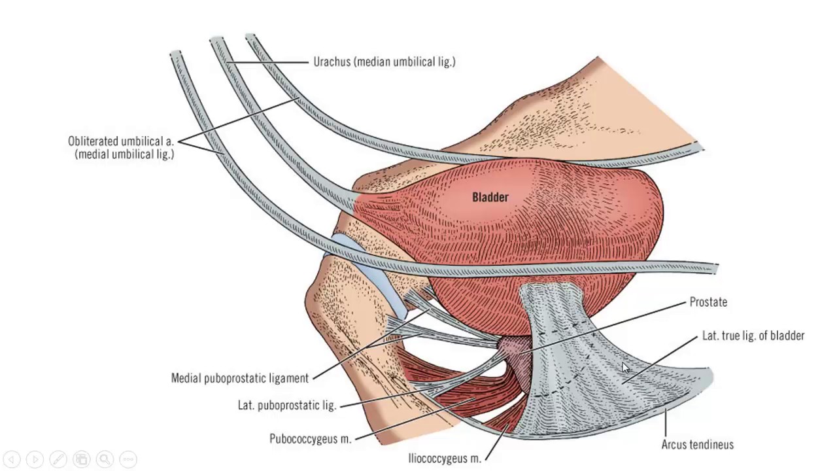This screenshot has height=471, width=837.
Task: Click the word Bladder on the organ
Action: point(490,197)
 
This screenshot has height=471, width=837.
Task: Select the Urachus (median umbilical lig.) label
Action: point(384,62)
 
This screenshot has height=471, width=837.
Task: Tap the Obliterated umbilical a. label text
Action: point(121,141)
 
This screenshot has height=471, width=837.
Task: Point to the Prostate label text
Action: point(708,302)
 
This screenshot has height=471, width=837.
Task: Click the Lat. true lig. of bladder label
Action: point(753,336)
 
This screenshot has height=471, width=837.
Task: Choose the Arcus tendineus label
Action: point(697,445)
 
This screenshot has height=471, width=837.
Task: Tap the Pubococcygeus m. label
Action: point(310,439)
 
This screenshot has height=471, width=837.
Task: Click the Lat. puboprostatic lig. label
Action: point(286,406)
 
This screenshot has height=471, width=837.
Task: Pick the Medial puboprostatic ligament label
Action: point(239,378)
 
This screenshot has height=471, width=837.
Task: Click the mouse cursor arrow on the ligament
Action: point(625,368)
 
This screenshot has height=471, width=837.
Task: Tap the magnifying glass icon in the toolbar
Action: point(104,459)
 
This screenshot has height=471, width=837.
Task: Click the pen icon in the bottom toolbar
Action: point(58,459)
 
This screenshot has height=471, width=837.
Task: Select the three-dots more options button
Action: point(128,459)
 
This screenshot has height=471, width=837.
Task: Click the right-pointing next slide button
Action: point(35,459)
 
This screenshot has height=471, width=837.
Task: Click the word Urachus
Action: point(333,62)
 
